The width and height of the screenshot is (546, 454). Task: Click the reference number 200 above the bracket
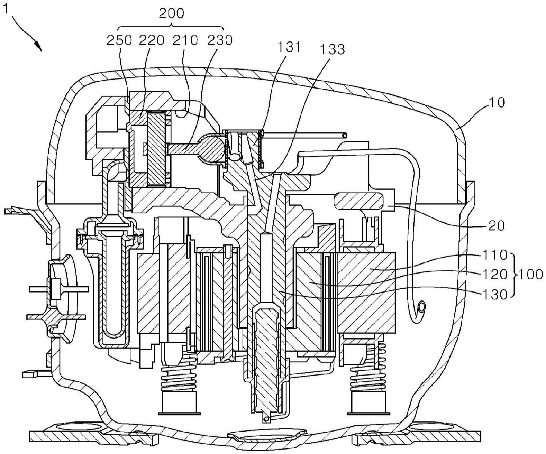click(x=171, y=13)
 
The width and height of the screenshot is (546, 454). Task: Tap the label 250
click(x=119, y=41)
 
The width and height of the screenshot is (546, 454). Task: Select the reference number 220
click(x=152, y=41)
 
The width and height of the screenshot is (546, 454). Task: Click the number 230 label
click(x=219, y=41)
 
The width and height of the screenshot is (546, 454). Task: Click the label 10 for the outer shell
click(x=497, y=102)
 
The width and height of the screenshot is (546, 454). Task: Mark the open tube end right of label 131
click(x=344, y=136)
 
